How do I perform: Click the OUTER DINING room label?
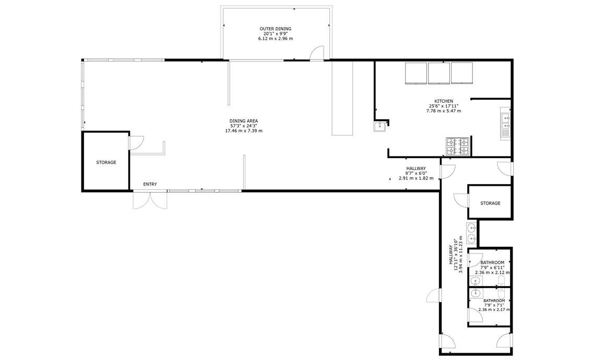[276, 29]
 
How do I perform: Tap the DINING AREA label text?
[244, 121]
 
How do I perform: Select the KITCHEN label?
[444, 101]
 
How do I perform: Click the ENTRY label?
[150, 184]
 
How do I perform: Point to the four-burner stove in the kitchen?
[457, 147]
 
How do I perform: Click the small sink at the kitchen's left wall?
[379, 126]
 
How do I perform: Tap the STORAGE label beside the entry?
[106, 162]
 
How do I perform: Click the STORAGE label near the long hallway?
[490, 203]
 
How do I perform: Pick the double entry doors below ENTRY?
[150, 200]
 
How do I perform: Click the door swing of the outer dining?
[317, 53]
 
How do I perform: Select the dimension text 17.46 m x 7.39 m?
[244, 131]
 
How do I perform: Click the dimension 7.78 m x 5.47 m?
[444, 111]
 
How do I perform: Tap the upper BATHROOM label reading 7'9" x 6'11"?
[492, 267]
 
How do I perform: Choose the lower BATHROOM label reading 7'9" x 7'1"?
[494, 305]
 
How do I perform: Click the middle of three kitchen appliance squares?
[439, 73]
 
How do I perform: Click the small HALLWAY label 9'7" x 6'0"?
[416, 173]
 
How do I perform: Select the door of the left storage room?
[136, 142]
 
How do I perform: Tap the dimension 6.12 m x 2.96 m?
[276, 39]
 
